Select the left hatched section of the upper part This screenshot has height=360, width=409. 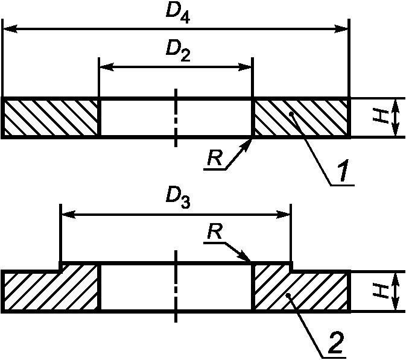click(51, 118)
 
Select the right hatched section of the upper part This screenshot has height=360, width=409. click(300, 118)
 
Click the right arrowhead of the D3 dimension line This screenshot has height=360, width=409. click(285, 213)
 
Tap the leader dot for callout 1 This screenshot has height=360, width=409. click(291, 113)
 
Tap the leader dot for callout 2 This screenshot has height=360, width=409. click(290, 295)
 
